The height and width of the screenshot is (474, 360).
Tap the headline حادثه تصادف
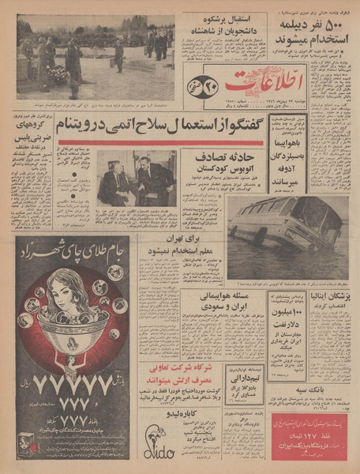[225, 159]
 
